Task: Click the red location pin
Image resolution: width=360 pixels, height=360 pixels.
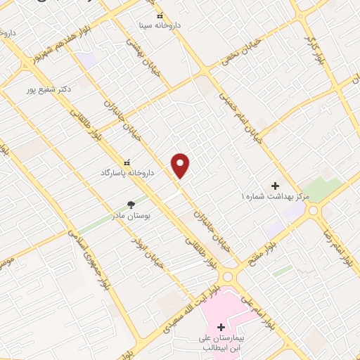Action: coord(181,165)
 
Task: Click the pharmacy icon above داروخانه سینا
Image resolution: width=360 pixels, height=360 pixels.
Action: coord(160,15)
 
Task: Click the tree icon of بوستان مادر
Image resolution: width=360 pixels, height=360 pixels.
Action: coord(131,204)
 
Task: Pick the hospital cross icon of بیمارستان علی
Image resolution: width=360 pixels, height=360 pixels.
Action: coord(221,327)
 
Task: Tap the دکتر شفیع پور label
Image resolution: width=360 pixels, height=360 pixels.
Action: coord(49,89)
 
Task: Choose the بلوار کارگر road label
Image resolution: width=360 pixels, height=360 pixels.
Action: coord(314,50)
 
